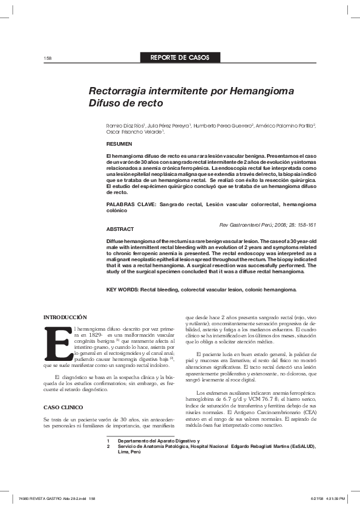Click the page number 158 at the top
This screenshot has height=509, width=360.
tap(48, 58)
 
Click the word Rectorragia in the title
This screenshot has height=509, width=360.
tap(118, 91)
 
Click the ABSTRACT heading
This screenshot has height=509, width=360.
tap(120, 230)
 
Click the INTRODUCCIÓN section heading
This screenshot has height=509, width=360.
tap(65, 317)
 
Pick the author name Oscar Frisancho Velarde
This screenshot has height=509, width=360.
tap(134, 131)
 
